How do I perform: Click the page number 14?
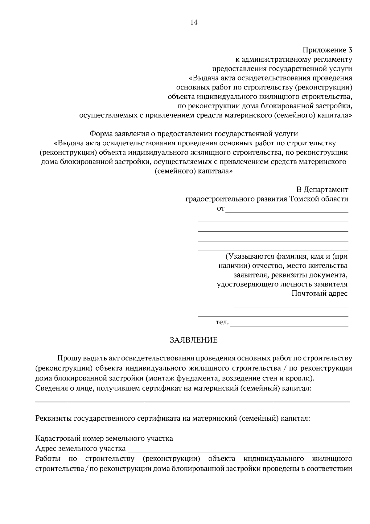point(194,23)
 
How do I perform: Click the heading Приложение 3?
point(327,50)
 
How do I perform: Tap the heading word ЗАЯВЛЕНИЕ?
point(194,340)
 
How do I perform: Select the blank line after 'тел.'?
point(289,325)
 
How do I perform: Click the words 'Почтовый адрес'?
point(319,293)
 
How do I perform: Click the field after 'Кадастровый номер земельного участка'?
point(262,441)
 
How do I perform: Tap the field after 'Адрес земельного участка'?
point(239,451)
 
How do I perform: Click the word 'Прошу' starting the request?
point(67,359)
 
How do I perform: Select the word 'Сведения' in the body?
point(50,388)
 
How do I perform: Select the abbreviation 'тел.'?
point(222,322)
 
